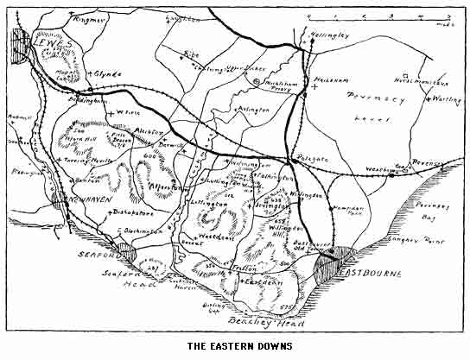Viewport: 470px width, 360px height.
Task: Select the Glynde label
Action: (x=104, y=74)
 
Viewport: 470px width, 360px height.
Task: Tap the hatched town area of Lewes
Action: (x=18, y=45)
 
